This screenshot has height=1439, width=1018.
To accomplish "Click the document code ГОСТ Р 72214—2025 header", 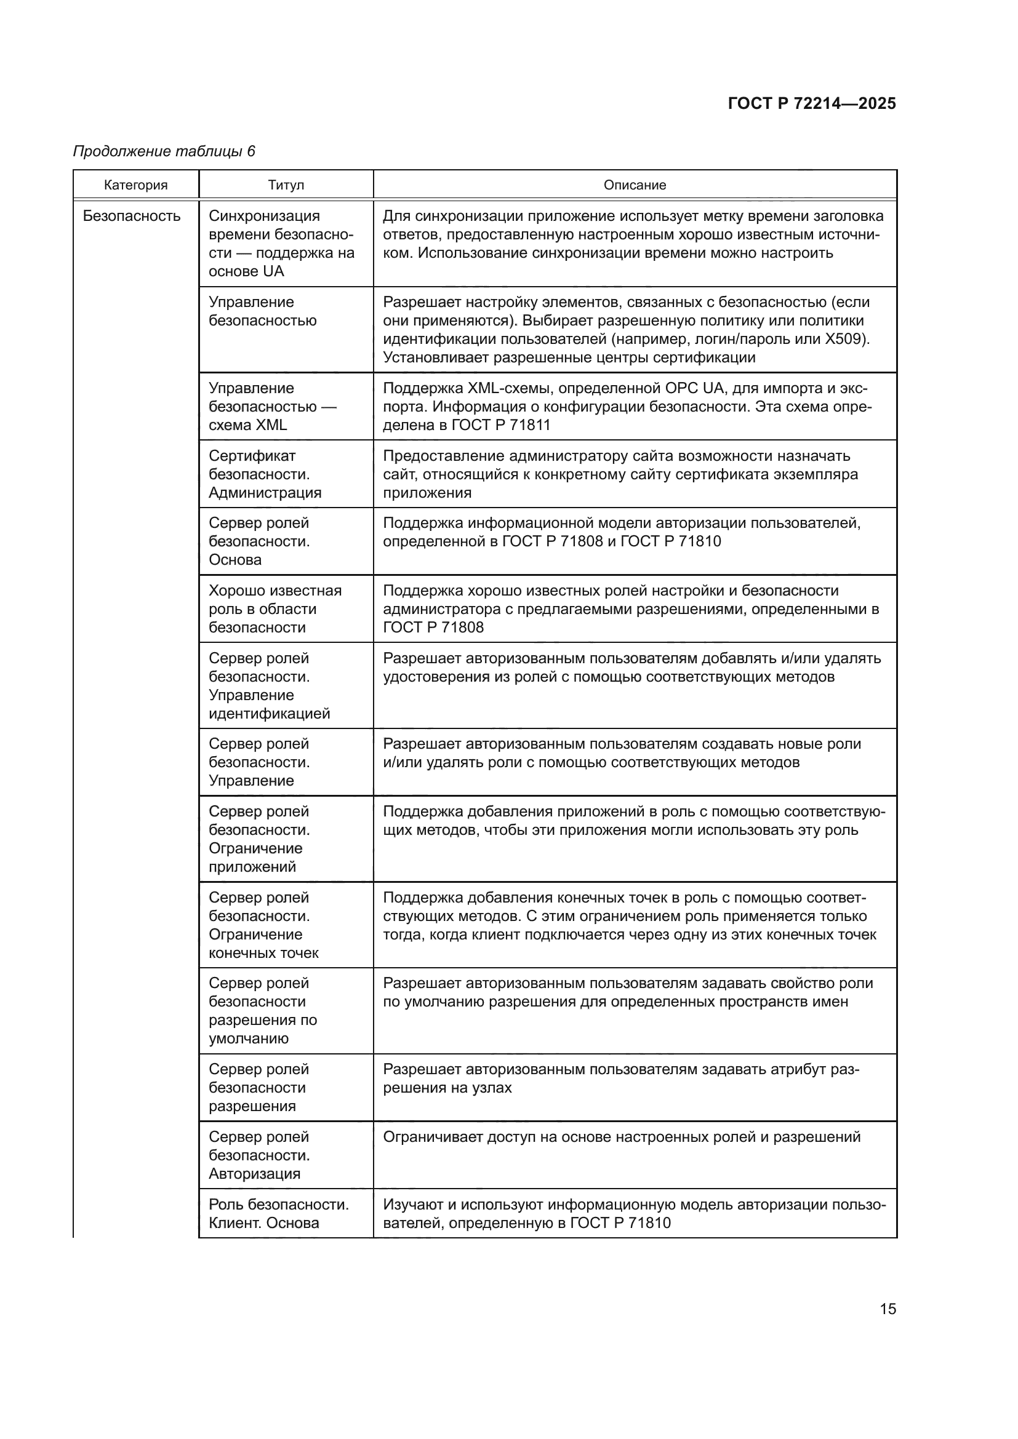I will (x=812, y=103).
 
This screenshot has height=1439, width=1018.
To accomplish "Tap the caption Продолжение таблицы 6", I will (x=164, y=151).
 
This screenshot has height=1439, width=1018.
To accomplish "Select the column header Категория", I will (x=136, y=185).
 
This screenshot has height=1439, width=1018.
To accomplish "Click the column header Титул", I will (x=286, y=185).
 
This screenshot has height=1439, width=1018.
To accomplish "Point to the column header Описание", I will (x=635, y=185).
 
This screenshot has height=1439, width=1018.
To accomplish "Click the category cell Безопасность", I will (x=132, y=216).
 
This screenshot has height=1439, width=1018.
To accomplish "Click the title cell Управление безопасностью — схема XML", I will (x=272, y=407).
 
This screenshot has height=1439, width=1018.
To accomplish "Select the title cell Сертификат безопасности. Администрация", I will (x=265, y=474).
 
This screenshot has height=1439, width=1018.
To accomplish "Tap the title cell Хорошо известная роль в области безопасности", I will (x=275, y=609).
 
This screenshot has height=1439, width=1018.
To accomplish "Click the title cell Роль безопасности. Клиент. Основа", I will (x=278, y=1214).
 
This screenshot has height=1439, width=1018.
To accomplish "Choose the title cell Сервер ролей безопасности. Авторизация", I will (x=259, y=1155).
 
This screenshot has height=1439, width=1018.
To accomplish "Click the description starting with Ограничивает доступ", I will (x=621, y=1137).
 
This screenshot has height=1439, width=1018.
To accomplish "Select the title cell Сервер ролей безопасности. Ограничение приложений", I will (x=259, y=839).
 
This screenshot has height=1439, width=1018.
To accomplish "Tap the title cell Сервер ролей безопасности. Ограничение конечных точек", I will (x=263, y=925).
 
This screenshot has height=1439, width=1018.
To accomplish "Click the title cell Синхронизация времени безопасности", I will (x=281, y=244).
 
